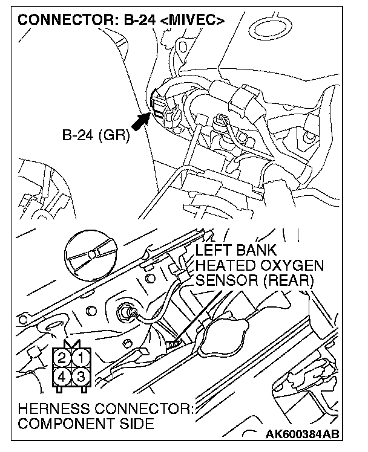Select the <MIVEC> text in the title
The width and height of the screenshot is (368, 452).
193,19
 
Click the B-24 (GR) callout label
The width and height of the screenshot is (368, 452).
96,135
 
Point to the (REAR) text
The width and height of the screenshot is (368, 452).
287,281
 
